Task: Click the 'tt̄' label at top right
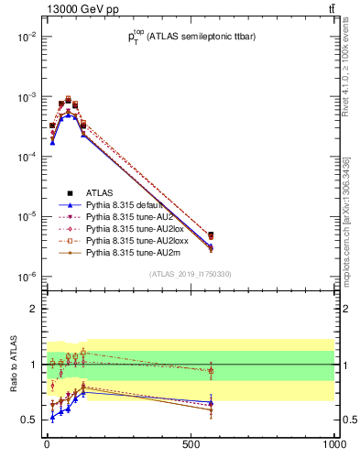coord(331,8)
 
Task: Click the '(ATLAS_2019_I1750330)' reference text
coord(190,274)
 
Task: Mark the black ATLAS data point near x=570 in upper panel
coord(211,235)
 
